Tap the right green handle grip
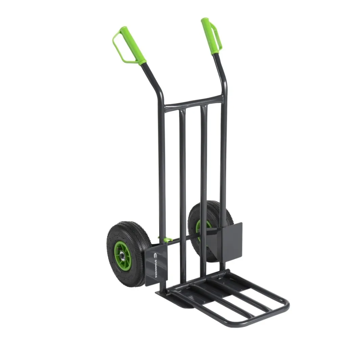pyautogui.click(x=208, y=36)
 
